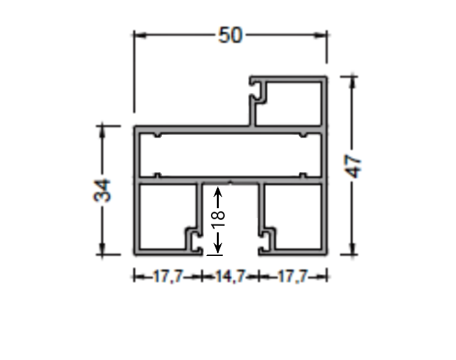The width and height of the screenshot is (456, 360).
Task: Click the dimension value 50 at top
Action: point(230,35)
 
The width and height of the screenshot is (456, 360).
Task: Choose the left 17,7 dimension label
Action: point(168,278)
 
